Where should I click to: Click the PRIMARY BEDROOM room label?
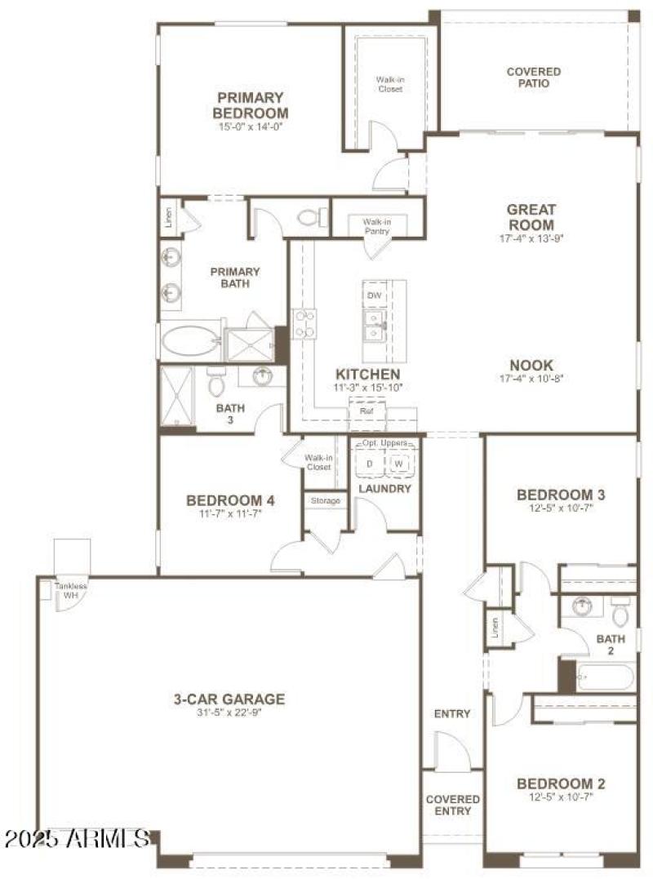click(251, 105)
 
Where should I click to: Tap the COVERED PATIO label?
click(533, 78)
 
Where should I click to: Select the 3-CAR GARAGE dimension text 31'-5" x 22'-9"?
click(229, 713)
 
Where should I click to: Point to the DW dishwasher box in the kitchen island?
click(374, 295)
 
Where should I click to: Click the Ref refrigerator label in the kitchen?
click(366, 412)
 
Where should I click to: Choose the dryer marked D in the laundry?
click(369, 464)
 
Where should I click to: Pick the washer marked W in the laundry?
click(398, 464)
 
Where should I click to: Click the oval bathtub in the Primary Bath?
click(189, 341)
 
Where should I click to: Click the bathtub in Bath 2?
click(604, 677)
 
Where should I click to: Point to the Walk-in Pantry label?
click(376, 226)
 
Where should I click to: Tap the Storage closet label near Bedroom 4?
click(326, 500)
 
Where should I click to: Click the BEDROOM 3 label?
click(561, 495)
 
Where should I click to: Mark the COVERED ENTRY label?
click(452, 805)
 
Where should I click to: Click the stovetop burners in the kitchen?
click(305, 323)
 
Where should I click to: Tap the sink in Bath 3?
click(263, 376)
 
